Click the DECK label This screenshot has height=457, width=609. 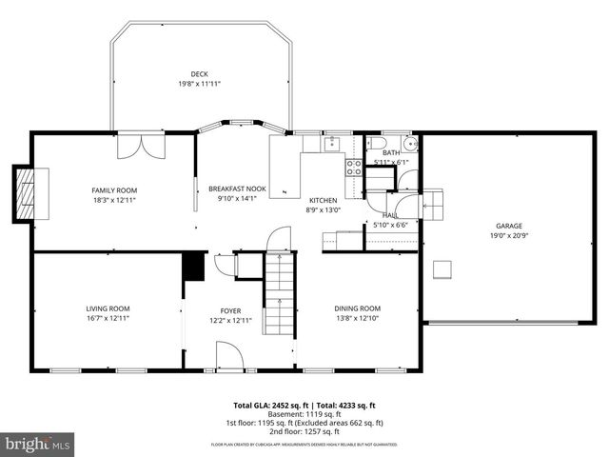pyautogui.click(x=199, y=73)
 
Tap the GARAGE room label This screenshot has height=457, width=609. pyautogui.click(x=508, y=226)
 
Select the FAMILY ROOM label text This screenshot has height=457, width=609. pyautogui.click(x=114, y=190)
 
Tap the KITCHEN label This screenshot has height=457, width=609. pyautogui.click(x=322, y=200)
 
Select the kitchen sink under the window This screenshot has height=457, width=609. pyautogui.click(x=331, y=144)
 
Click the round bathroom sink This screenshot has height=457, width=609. pyautogui.click(x=409, y=145)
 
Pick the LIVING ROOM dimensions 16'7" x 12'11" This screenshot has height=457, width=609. pyautogui.click(x=108, y=318)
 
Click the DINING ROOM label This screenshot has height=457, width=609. pyautogui.click(x=357, y=308)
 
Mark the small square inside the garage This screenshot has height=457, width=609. pyautogui.click(x=442, y=269)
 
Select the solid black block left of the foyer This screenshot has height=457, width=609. pyautogui.click(x=194, y=266)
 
